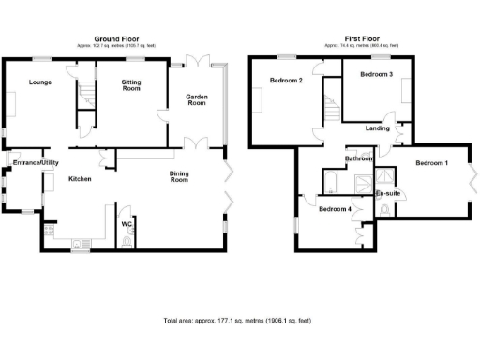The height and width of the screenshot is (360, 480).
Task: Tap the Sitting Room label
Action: pyautogui.click(x=131, y=86)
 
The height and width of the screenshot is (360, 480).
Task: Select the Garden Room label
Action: pyautogui.click(x=196, y=99)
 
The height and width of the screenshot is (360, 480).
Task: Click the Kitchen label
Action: pyautogui.click(x=79, y=177)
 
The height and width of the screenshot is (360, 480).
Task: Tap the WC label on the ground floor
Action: pyautogui.click(x=126, y=224)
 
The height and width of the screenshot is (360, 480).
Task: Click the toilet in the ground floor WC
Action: pyautogui.click(x=127, y=241)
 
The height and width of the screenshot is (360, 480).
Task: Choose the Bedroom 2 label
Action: pyautogui.click(x=286, y=81)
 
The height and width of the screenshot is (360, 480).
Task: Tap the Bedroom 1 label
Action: pyautogui.click(x=432, y=163)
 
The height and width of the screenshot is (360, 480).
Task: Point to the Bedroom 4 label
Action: pyautogui.click(x=336, y=208)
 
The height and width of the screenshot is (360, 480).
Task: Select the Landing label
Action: pyautogui.click(x=378, y=128)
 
